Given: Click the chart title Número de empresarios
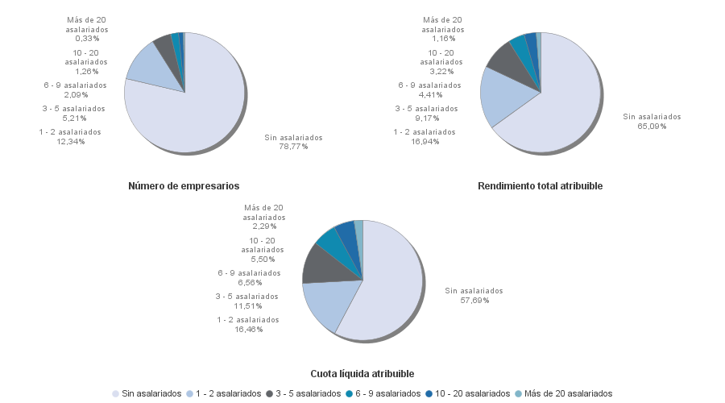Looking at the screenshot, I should pos(184,186).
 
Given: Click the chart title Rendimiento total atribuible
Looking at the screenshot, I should pos(540,186).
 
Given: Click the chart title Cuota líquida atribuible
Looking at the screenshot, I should pos(362,374).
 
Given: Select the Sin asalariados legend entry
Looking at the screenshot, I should pos(151,393).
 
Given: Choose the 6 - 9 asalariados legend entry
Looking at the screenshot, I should pos(388,393).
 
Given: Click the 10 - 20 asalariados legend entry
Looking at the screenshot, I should pos(470,393).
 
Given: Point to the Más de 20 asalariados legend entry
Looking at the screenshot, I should pos(568,393).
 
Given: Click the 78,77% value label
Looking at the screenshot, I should pos(293,147).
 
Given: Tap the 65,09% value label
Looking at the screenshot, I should pos(652,126).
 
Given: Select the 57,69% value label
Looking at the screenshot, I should pos(474,300).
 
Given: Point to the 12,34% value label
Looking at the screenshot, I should pos(70,142).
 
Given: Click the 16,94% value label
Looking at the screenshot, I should pos(424,142).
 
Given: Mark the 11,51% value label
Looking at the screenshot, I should pos(246,306).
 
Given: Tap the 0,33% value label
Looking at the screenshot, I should pos(87,38).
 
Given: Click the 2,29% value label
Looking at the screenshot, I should pos(264,226).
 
